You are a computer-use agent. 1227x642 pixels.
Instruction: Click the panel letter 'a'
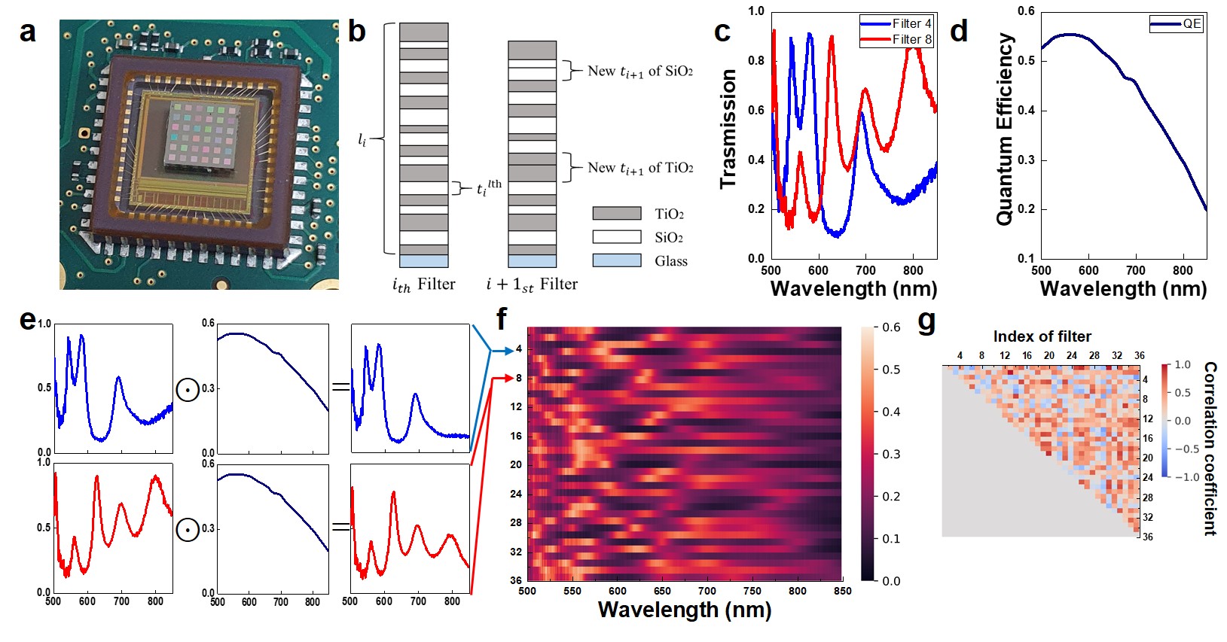(x=28, y=32)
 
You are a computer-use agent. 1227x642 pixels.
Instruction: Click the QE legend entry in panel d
(x=1176, y=24)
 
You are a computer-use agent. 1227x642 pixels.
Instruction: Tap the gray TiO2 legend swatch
(x=616, y=214)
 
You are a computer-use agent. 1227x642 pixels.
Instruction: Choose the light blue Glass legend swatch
(x=616, y=260)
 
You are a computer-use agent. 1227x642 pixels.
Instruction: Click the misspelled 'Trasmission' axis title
(x=728, y=129)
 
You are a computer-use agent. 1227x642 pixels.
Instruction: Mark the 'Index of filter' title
(x=1042, y=336)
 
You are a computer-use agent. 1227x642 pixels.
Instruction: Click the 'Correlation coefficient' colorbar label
(x=1210, y=449)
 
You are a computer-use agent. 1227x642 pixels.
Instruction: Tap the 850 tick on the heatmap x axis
(x=842, y=591)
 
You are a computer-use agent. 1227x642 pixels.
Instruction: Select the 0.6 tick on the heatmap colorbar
(x=892, y=327)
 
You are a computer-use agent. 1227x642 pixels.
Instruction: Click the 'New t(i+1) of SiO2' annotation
(x=639, y=71)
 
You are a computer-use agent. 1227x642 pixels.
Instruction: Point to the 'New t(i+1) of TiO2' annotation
(x=640, y=167)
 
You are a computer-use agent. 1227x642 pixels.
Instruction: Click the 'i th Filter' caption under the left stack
(x=423, y=284)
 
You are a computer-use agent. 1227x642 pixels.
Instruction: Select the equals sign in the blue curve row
(x=340, y=388)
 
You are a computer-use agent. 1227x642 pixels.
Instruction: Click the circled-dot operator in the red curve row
(x=188, y=530)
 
